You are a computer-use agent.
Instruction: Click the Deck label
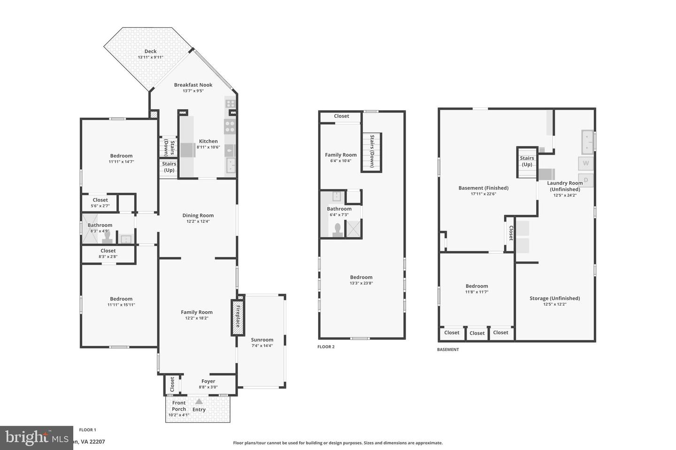pyautogui.click(x=150, y=52)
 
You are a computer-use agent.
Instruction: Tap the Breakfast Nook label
pyautogui.click(x=193, y=85)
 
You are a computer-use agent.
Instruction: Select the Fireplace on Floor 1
pyautogui.click(x=238, y=317)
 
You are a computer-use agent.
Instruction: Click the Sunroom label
pyautogui.click(x=262, y=340)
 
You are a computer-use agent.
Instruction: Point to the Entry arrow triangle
pyautogui.click(x=199, y=401)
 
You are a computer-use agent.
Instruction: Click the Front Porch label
pyautogui.click(x=179, y=406)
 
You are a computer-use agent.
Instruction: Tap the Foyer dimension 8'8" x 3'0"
pyautogui.click(x=208, y=387)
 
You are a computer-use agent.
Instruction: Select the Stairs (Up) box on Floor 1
pyautogui.click(x=169, y=167)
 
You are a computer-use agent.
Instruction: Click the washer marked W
pyautogui.click(x=585, y=163)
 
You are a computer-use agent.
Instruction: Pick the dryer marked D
pyautogui.click(x=585, y=180)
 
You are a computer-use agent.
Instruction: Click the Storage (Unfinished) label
pyautogui.click(x=554, y=298)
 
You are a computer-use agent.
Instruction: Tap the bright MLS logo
pyautogui.click(x=36, y=438)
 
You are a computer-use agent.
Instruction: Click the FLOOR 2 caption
pyautogui.click(x=326, y=347)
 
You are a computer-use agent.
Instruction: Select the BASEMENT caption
pyautogui.click(x=448, y=350)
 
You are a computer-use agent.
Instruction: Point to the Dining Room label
pyautogui.click(x=198, y=216)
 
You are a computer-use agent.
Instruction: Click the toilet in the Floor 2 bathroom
pyautogui.click(x=337, y=230)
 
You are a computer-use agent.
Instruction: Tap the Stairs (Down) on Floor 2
pyautogui.click(x=371, y=152)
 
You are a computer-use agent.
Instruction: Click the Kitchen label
pyautogui.click(x=208, y=141)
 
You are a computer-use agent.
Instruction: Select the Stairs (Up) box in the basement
pyautogui.click(x=527, y=162)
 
